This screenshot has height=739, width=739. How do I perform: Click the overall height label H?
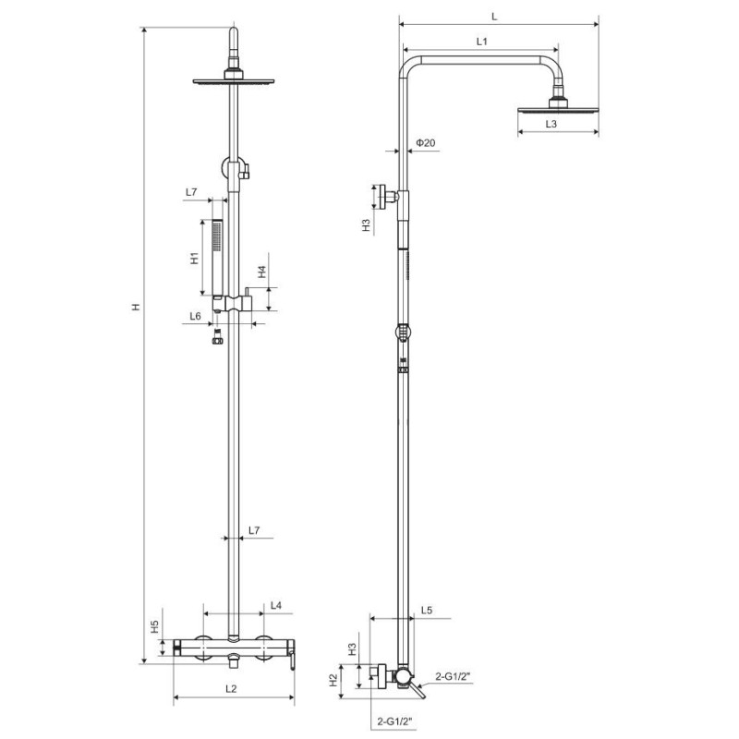136,307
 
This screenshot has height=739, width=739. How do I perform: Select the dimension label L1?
481,42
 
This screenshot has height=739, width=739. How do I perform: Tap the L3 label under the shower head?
551,124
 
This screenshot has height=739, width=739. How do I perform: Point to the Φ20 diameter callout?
426,142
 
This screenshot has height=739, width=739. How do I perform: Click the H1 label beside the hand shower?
195,258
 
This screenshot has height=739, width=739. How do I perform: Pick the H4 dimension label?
261,272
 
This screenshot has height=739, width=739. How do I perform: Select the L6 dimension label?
195,316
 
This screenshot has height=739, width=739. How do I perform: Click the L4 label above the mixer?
275,605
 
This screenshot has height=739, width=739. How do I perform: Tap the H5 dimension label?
154,627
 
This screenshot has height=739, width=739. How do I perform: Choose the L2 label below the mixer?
230,689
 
